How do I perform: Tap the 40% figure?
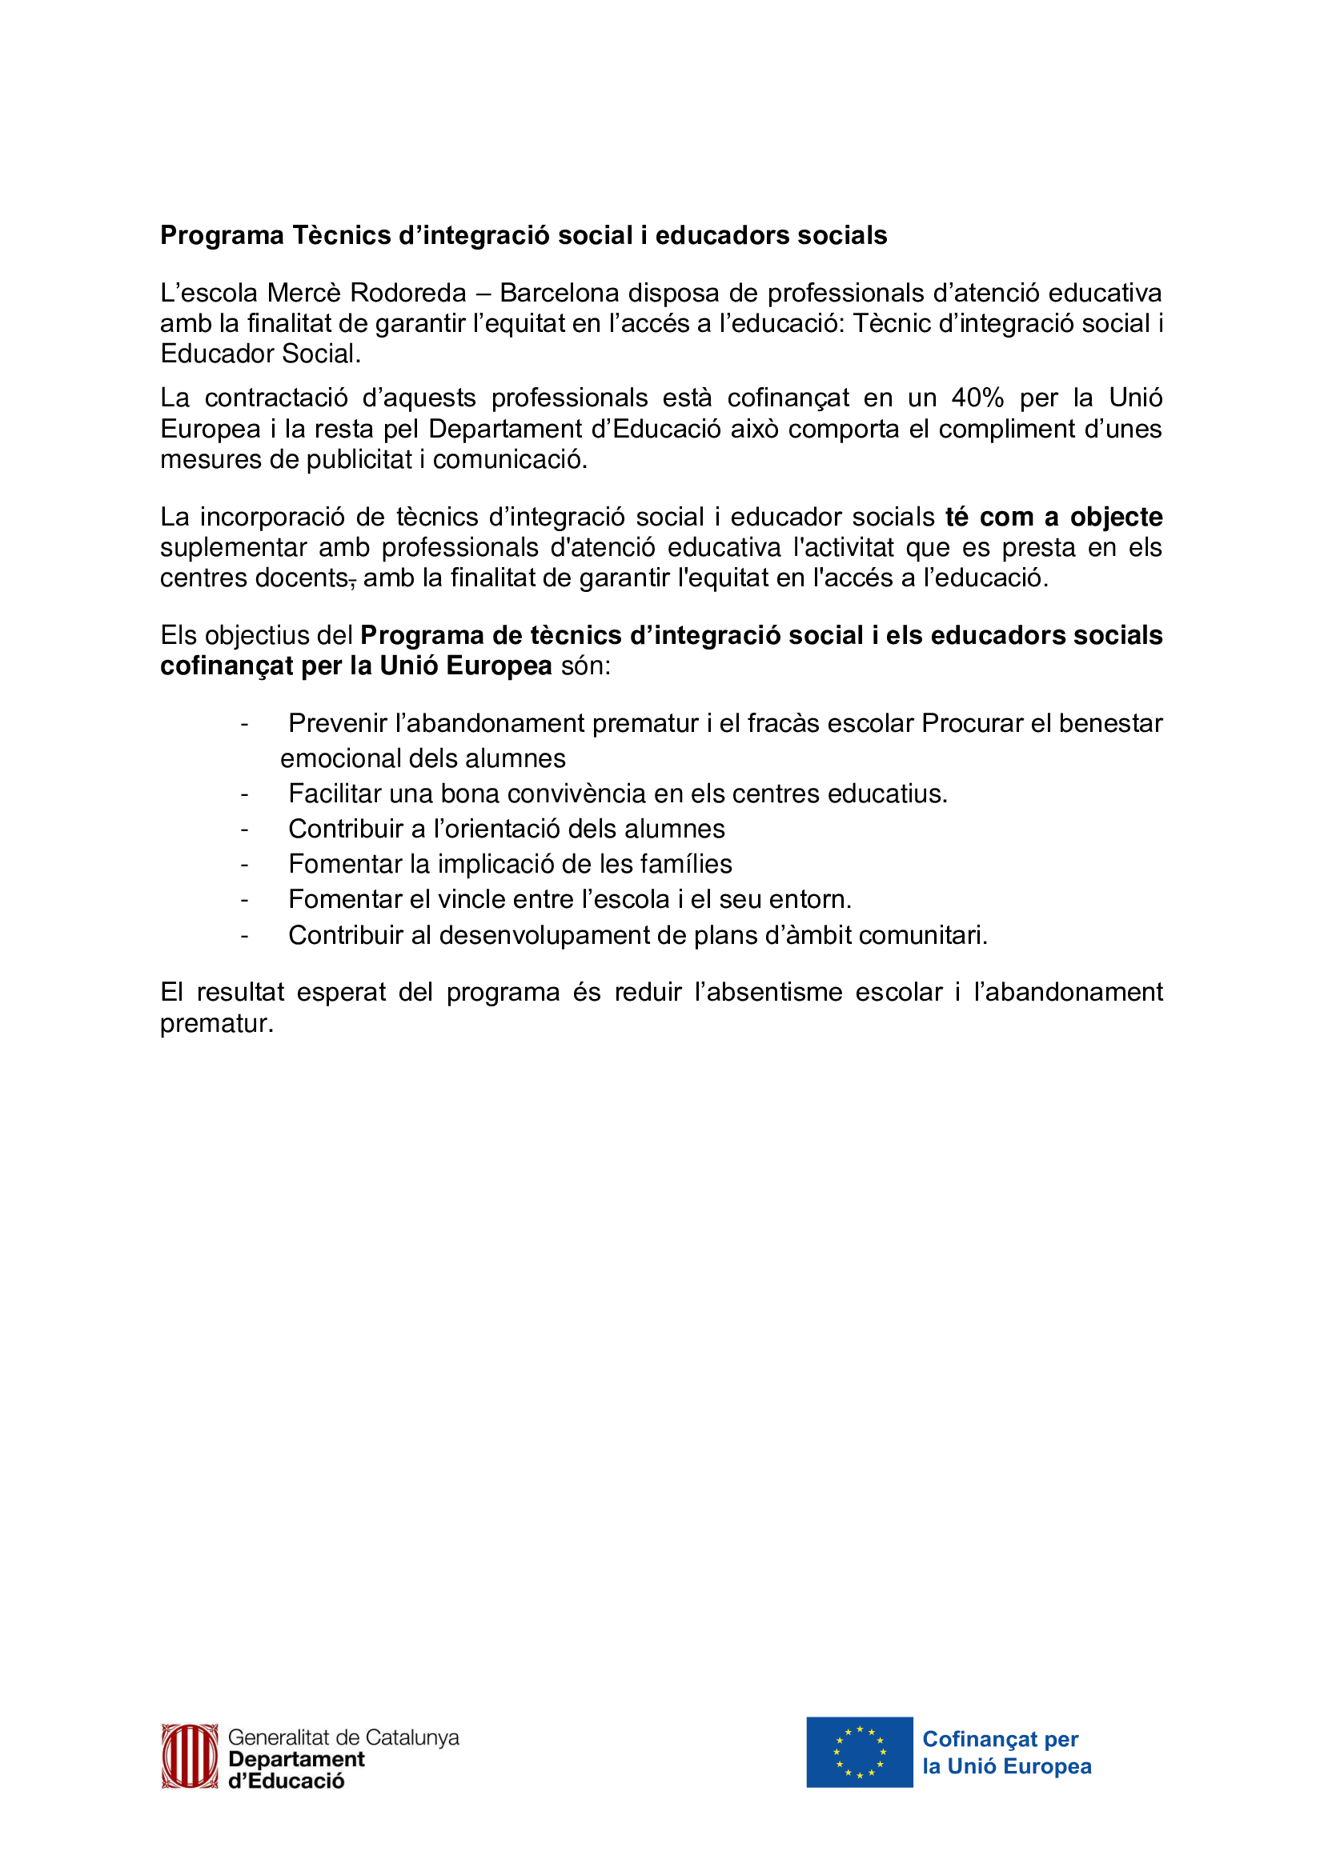point(977,398)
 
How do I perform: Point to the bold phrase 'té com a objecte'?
point(1053,517)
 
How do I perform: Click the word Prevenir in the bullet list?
point(338,723)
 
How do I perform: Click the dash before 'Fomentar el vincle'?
point(244,900)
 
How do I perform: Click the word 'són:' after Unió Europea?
point(585,666)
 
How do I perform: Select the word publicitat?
point(359,460)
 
